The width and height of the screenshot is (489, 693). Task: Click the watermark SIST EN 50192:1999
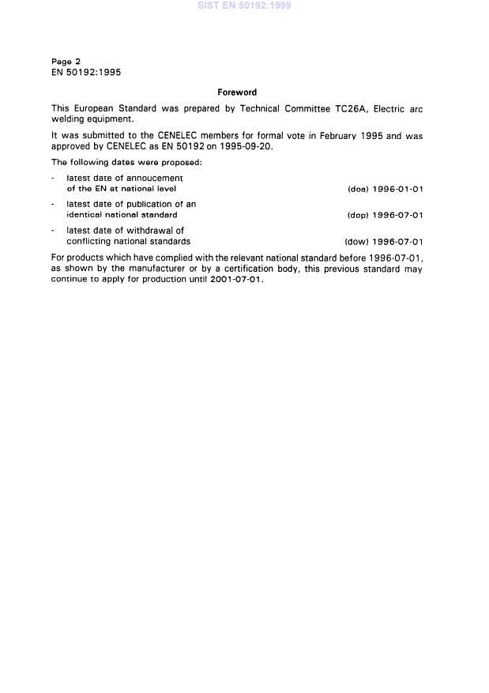coord(244,6)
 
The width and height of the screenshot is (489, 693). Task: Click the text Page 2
coord(66,61)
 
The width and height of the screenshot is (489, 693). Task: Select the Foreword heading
coord(237,92)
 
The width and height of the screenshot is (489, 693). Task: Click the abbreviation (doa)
coord(358,189)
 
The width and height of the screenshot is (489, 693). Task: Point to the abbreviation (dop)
coord(358,215)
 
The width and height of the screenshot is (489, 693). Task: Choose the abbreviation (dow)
coord(357,242)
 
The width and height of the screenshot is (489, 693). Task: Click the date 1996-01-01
coord(398,189)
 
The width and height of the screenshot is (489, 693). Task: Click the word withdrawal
coord(154,231)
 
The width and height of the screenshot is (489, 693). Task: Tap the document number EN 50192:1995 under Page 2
coord(85,72)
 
